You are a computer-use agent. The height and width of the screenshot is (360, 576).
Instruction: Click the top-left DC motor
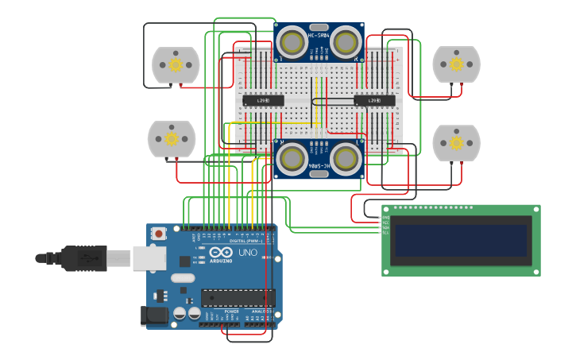tap(176, 65)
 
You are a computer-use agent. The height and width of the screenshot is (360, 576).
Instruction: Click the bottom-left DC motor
tap(172, 139)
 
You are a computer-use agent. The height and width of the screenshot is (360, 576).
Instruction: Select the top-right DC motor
tap(456, 64)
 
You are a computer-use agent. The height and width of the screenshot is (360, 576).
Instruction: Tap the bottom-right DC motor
tap(456, 143)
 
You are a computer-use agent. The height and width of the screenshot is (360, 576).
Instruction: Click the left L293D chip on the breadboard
tap(263, 100)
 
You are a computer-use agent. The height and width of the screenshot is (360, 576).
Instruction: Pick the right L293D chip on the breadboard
tap(375, 100)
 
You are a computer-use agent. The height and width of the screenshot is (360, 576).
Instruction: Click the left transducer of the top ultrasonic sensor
tap(292, 41)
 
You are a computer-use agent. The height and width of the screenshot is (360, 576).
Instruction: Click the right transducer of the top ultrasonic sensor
tap(346, 41)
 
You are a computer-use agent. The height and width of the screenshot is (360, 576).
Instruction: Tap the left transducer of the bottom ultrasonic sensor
tap(292, 158)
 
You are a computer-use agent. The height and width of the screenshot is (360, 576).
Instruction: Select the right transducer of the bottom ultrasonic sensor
tap(346, 158)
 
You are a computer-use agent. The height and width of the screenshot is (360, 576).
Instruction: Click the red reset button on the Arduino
tap(159, 234)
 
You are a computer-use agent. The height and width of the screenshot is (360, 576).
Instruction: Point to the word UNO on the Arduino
tap(248, 253)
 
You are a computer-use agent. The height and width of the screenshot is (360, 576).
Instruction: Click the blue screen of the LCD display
tap(461, 240)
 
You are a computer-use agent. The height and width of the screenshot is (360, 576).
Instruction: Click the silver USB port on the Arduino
tap(149, 257)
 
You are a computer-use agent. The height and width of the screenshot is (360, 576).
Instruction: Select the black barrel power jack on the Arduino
tap(154, 316)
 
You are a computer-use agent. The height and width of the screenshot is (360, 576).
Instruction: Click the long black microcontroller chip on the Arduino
tap(238, 298)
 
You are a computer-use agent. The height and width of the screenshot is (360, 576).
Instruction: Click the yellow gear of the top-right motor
tap(456, 64)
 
